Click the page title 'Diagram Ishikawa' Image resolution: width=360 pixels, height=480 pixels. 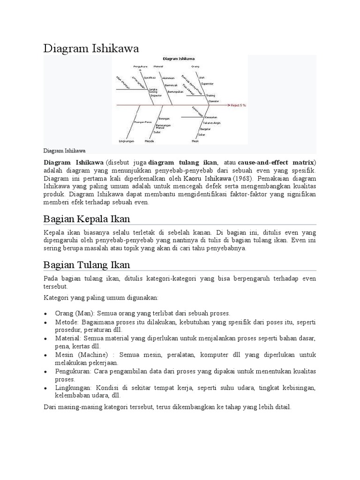[91, 48]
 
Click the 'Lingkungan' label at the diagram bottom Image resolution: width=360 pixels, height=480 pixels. [127, 141]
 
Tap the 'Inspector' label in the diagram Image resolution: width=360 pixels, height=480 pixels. [156, 95]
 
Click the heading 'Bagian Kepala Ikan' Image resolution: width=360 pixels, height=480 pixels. [87, 219]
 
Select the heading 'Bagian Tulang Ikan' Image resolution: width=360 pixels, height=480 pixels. [87, 265]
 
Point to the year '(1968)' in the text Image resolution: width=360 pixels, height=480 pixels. [243, 179]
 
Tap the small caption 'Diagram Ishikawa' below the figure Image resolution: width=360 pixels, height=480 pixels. [64, 151]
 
